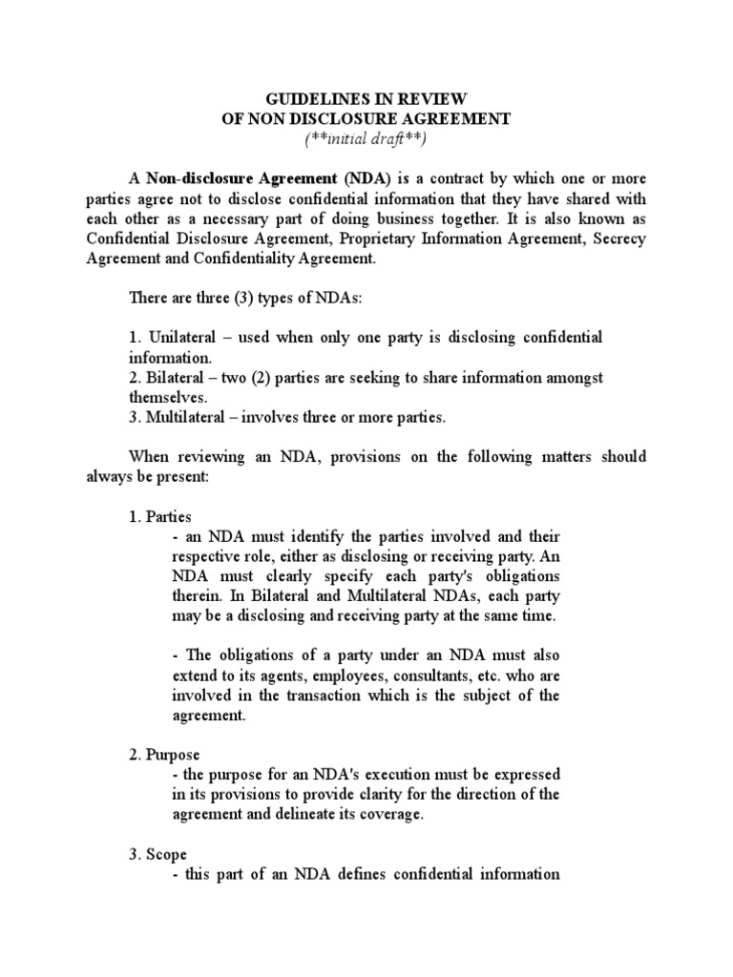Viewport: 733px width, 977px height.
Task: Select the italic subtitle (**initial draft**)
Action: [366, 138]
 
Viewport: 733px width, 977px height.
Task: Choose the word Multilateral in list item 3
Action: [190, 418]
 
